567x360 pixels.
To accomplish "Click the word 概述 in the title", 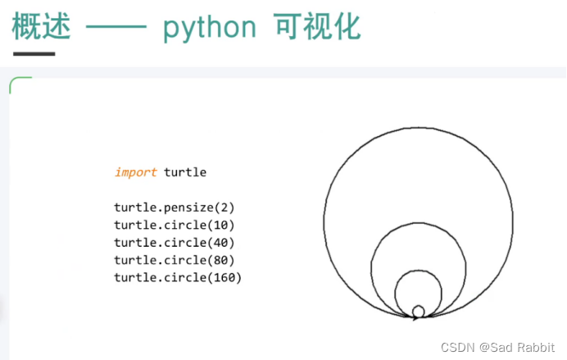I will click(x=41, y=27).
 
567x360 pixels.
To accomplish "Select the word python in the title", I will click(x=208, y=29).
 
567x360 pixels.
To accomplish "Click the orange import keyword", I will click(x=135, y=172).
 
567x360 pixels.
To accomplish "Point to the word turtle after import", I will click(x=185, y=172).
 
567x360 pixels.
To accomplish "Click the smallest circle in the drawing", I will click(x=418, y=311).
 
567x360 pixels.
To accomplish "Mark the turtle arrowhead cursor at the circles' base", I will click(x=415, y=317).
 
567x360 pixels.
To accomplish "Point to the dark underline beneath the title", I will click(x=33, y=54).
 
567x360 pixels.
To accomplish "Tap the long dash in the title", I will click(x=116, y=29).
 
